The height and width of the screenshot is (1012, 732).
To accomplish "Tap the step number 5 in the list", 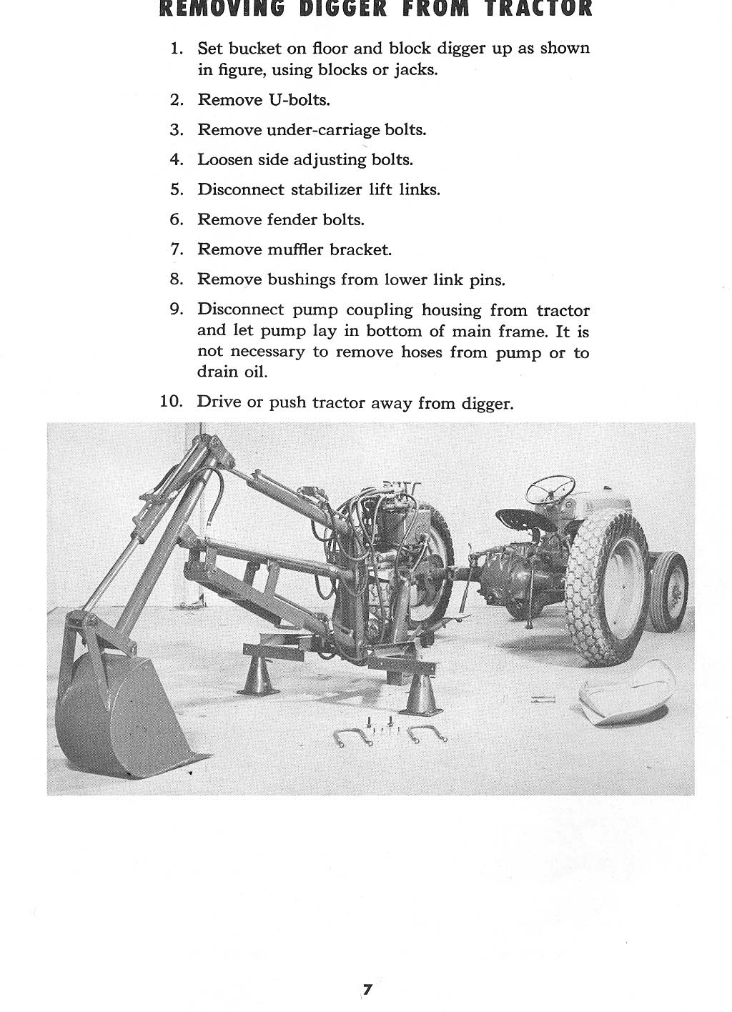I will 177,190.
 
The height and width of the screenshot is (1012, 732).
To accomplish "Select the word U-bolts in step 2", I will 298,100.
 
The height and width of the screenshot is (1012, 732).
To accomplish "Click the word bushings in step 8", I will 301,280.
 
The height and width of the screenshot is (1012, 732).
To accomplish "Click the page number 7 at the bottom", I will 367,990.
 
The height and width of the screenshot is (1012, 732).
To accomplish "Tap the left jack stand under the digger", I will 259,675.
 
